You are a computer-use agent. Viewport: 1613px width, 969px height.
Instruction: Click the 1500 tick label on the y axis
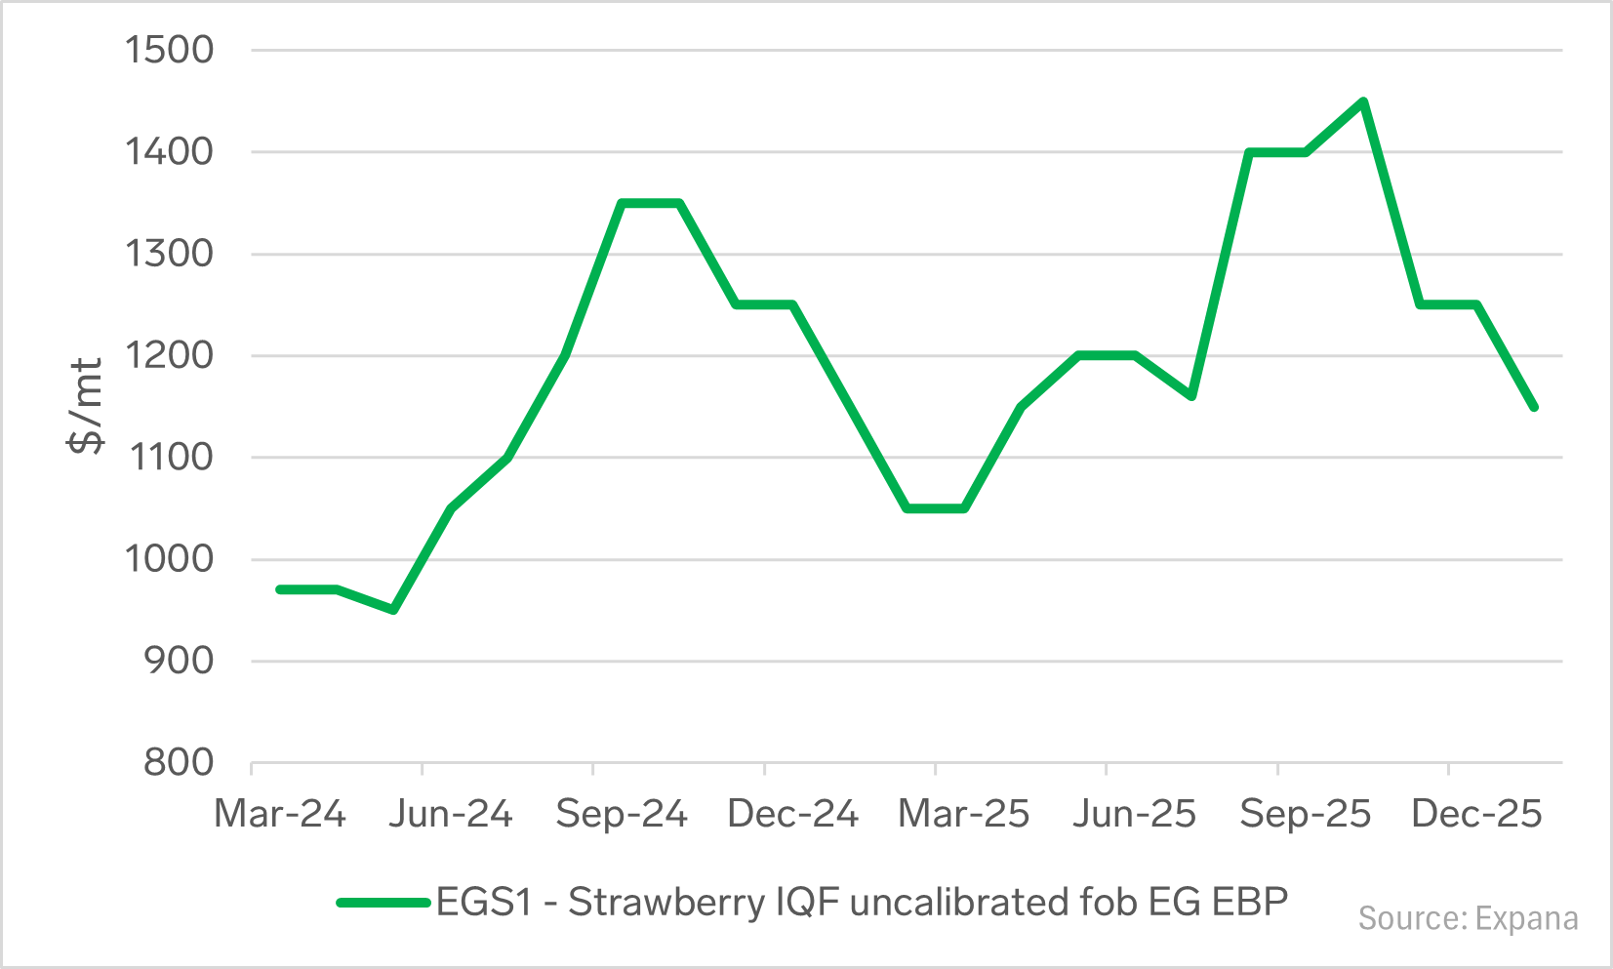(x=169, y=50)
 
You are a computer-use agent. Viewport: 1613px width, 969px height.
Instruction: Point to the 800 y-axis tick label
(x=179, y=762)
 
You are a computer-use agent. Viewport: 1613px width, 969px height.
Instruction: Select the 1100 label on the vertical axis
(x=169, y=457)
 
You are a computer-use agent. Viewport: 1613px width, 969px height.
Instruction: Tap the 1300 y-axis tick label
(x=169, y=254)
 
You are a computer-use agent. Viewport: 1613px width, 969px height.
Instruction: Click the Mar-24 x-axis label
(x=280, y=814)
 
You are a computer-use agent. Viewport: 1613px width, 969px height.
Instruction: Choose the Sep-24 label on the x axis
(x=622, y=814)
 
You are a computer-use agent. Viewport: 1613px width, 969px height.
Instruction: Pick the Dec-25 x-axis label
(x=1476, y=814)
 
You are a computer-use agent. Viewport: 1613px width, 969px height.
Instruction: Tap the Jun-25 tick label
(x=1134, y=814)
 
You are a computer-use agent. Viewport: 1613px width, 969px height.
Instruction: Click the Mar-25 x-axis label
(x=963, y=814)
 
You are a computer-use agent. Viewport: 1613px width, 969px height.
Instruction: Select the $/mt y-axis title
(x=86, y=406)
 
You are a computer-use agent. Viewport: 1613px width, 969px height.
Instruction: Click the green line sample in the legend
(x=383, y=903)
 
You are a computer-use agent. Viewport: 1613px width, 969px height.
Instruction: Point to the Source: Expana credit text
(x=1468, y=919)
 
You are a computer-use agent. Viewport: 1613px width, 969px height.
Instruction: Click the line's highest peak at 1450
(x=1363, y=101)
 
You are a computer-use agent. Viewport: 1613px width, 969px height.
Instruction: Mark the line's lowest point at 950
(x=393, y=610)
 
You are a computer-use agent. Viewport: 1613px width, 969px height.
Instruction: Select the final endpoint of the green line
(x=1534, y=407)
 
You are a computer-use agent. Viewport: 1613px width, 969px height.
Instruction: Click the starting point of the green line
(x=280, y=589)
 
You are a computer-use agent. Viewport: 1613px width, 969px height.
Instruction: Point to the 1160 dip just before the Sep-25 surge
(x=1191, y=396)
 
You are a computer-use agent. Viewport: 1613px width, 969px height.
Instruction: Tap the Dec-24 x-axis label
(x=792, y=814)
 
